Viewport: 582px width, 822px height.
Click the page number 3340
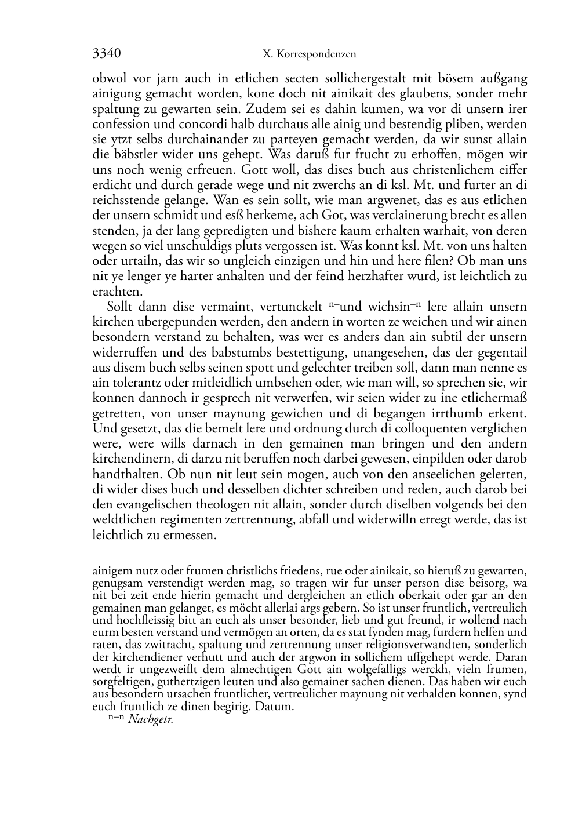coord(107,54)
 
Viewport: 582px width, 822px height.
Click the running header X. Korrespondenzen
coord(309,54)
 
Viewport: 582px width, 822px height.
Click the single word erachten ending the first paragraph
coord(117,292)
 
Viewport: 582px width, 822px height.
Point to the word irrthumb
coord(459,413)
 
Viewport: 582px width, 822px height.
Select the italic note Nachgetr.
coord(151,719)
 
